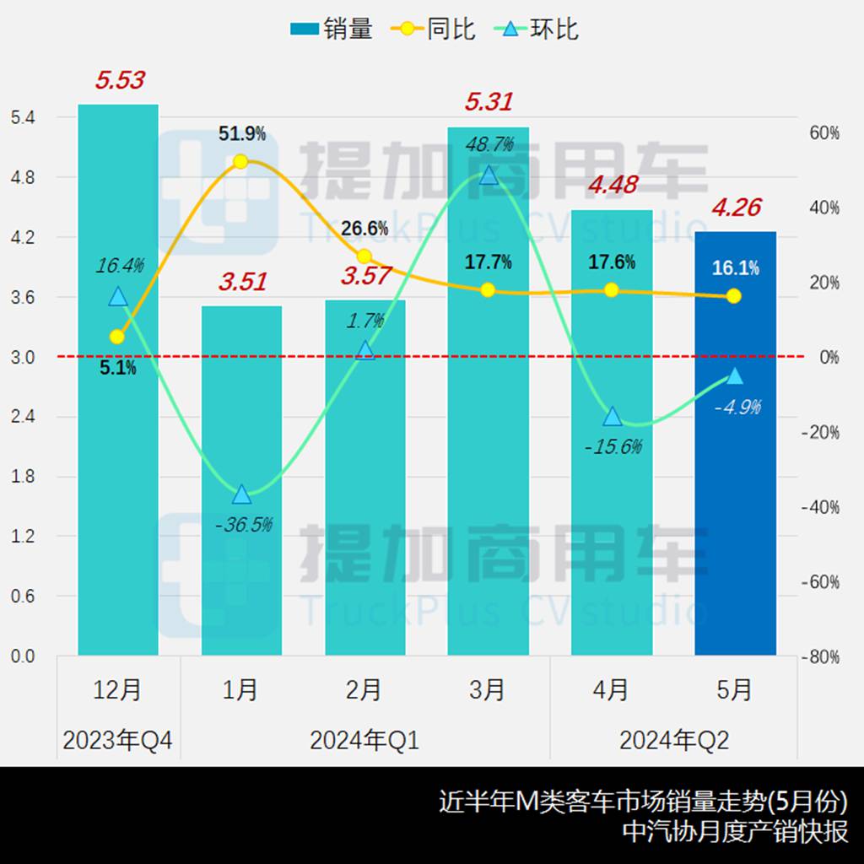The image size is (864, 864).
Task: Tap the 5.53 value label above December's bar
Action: (120, 81)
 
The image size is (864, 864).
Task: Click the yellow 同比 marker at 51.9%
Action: (240, 161)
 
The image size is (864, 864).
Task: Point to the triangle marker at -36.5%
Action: (241, 494)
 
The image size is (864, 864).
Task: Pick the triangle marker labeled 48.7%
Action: (489, 175)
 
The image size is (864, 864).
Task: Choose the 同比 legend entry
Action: (435, 30)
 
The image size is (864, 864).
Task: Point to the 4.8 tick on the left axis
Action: (23, 177)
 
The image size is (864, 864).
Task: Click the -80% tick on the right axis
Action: (822, 657)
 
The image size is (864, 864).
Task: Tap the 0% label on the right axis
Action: (829, 357)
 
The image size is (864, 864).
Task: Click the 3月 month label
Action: (488, 690)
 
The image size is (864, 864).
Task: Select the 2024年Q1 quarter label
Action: (364, 741)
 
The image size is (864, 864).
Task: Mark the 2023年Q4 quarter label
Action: (117, 741)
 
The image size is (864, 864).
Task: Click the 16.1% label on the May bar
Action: (735, 268)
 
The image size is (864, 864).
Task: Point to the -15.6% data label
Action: (613, 446)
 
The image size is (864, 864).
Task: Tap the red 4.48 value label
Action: (612, 184)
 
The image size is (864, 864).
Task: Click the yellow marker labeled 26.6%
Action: (364, 256)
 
